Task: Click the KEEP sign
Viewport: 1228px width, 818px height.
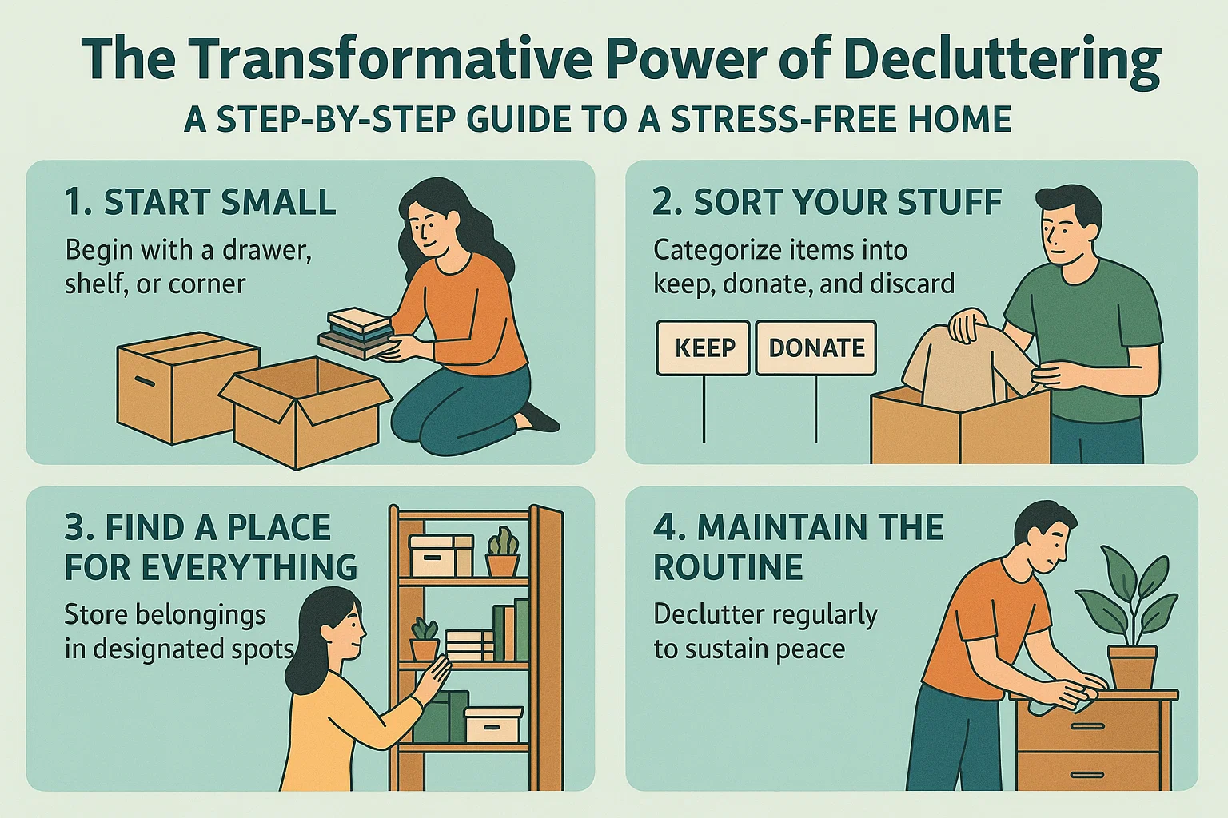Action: [704, 348]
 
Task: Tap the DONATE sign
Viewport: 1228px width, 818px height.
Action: [816, 348]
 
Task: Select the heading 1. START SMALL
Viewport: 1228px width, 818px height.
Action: [200, 202]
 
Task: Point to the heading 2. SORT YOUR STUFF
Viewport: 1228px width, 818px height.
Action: [827, 202]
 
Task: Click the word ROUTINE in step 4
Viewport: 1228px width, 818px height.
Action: [728, 567]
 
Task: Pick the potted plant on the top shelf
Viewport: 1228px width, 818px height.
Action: [503, 553]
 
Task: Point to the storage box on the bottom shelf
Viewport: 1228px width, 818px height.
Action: [492, 725]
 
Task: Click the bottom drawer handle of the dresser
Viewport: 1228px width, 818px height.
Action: [1088, 776]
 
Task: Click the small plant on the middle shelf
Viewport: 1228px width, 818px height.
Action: [425, 640]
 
